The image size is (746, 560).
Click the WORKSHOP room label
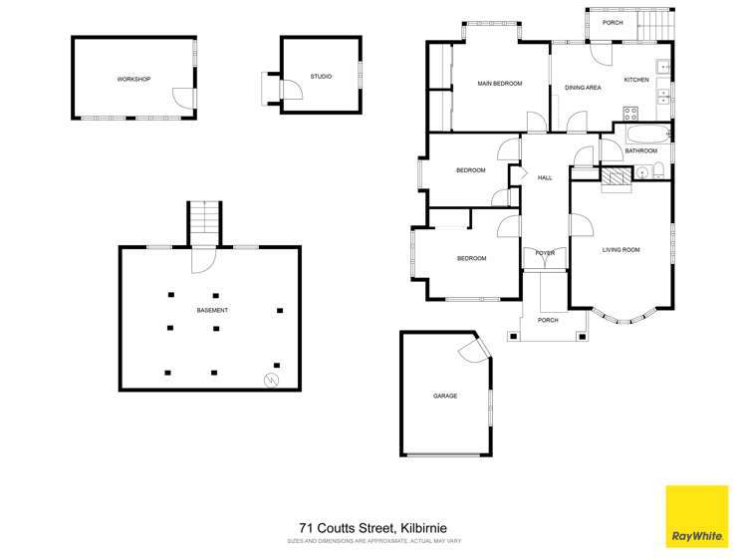pyautogui.click(x=133, y=79)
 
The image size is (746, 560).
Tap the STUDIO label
pyautogui.click(x=321, y=76)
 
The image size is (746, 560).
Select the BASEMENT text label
pyautogui.click(x=212, y=310)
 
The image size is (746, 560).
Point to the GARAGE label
pyautogui.click(x=445, y=396)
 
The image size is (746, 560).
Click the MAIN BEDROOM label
pyautogui.click(x=500, y=84)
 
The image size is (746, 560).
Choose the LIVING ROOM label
pyautogui.click(x=621, y=250)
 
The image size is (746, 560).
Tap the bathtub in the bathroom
pyautogui.click(x=648, y=135)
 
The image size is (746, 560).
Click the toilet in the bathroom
pyautogui.click(x=658, y=170)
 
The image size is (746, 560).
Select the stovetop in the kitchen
pyautogui.click(x=630, y=114)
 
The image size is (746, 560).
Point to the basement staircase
pyautogui.click(x=204, y=223)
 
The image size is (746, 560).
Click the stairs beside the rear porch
pyautogui.click(x=655, y=26)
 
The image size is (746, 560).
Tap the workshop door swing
pyautogui.click(x=183, y=99)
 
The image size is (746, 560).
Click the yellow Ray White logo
pyautogui.click(x=697, y=516)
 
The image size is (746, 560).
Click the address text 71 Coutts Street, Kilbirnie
pyautogui.click(x=373, y=528)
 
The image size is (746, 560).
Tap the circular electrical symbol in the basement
pyautogui.click(x=271, y=380)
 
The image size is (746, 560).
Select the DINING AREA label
pyautogui.click(x=583, y=88)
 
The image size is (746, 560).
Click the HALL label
pyautogui.click(x=545, y=178)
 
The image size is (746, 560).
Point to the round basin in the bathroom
pyautogui.click(x=641, y=172)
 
